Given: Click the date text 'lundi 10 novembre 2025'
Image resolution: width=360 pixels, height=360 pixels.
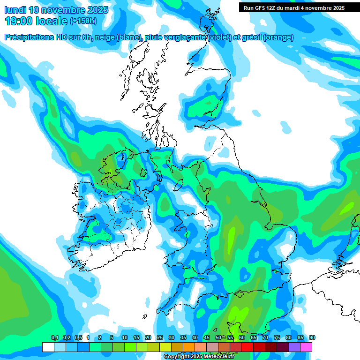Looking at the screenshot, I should coord(56,10).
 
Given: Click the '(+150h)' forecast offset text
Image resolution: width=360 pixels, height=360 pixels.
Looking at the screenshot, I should coord(83,21).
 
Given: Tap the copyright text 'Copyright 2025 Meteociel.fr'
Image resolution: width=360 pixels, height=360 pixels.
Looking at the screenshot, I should coord(199,357).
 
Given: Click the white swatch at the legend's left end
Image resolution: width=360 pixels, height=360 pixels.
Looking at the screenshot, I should coord(48,347).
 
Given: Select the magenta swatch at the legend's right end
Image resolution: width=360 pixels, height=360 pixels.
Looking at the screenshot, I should coord(306,347).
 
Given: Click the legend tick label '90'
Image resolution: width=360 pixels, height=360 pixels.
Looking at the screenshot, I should coord(312,338).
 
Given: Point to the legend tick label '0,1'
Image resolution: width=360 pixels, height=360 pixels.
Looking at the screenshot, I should coord(54,338).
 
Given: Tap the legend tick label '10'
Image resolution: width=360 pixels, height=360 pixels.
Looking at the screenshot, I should coord(124,338).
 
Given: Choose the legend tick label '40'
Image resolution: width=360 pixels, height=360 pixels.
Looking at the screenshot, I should coord(195,338).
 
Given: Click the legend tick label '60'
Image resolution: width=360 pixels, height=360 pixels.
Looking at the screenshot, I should coord(241,338).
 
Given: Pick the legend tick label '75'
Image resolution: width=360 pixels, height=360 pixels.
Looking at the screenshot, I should coord(277,338).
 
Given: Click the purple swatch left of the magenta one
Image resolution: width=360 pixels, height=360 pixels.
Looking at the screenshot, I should coord(294,347).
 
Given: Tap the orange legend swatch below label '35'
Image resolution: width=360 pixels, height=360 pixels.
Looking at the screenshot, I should coord(188,347).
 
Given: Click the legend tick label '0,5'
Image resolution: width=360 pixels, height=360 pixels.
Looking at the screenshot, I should coord(78,338).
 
